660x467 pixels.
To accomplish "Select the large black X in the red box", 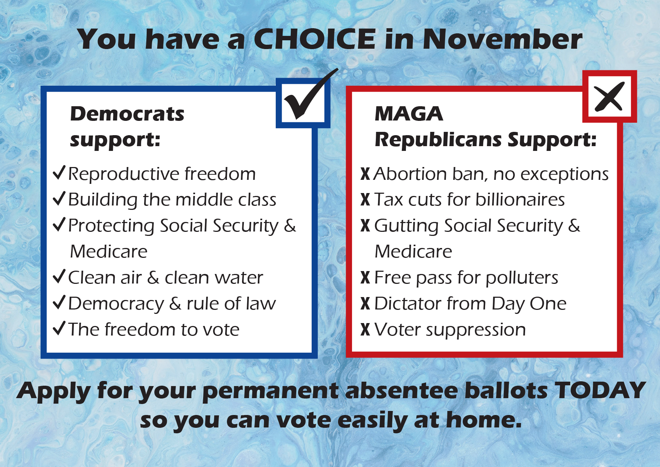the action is pos(609,97).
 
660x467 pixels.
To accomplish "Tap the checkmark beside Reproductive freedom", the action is pos(59,173).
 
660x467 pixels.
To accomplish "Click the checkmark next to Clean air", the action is pos(59,277).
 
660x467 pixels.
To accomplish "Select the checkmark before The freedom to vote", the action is pos(59,328).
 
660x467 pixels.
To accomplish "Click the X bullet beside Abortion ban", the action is pos(365,174).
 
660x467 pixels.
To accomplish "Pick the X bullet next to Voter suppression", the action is pos(365,329).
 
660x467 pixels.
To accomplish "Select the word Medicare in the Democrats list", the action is pos(109,252).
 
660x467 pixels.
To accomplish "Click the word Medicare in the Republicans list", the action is pos(414,252).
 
